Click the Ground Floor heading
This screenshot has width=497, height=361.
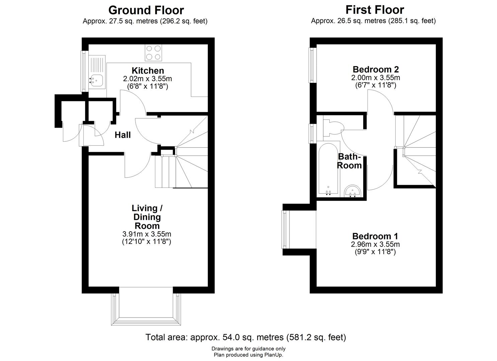coord(146,10)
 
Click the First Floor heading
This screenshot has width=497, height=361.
coord(375,10)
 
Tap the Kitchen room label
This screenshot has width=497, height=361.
coord(148,71)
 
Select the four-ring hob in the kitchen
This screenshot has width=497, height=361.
coord(153,52)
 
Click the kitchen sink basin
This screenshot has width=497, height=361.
coord(96,81)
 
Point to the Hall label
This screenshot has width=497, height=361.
coord(123,135)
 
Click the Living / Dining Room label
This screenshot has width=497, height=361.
coord(147,217)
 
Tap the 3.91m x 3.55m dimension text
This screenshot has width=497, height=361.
coord(147,234)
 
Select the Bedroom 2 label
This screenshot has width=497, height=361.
coord(376,70)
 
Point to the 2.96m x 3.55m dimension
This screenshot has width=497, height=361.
coord(375,244)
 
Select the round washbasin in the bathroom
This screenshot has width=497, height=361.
coord(353,191)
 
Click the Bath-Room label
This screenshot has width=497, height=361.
coord(349,161)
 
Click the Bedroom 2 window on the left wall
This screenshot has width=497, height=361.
coord(313,65)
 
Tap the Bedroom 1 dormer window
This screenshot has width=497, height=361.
coord(285,229)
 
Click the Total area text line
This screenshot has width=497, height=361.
coord(246,337)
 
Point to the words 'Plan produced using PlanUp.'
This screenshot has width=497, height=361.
coord(248,355)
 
